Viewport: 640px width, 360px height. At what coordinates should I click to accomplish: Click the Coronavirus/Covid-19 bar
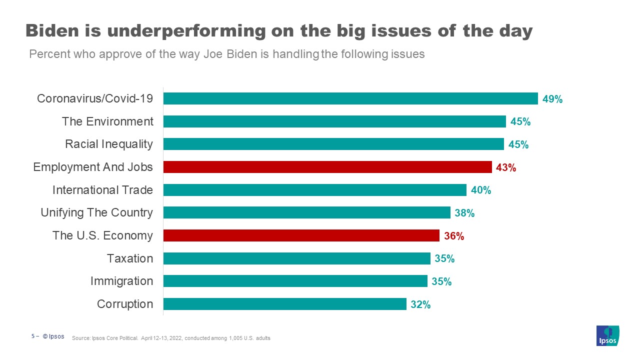point(350,98)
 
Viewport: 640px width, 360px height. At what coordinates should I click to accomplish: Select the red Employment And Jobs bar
point(327,167)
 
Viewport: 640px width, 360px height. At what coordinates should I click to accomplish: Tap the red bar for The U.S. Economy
point(301,235)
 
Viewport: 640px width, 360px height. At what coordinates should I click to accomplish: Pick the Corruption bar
point(284,304)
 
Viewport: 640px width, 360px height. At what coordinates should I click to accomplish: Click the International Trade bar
point(314,190)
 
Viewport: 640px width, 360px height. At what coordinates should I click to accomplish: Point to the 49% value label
point(552,99)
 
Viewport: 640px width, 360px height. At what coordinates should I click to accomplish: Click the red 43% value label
point(505,167)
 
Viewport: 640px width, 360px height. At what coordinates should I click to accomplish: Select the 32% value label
point(420,304)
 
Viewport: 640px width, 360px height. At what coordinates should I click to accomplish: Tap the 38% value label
point(464,213)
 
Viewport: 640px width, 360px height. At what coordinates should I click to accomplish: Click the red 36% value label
point(454,236)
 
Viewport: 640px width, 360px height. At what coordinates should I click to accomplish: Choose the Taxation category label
point(130,258)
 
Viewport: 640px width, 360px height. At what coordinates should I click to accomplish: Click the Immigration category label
point(121,281)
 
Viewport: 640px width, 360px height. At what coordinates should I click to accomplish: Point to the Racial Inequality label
point(109,144)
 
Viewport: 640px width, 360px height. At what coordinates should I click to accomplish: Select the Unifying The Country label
point(96,212)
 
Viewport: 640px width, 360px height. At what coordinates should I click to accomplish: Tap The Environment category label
point(107,121)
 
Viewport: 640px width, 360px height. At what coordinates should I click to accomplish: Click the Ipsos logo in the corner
point(607,335)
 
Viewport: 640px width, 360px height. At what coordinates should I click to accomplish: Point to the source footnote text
point(171,338)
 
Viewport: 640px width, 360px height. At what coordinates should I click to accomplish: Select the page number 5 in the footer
point(33,336)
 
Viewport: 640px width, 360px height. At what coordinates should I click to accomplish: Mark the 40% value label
point(480,190)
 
